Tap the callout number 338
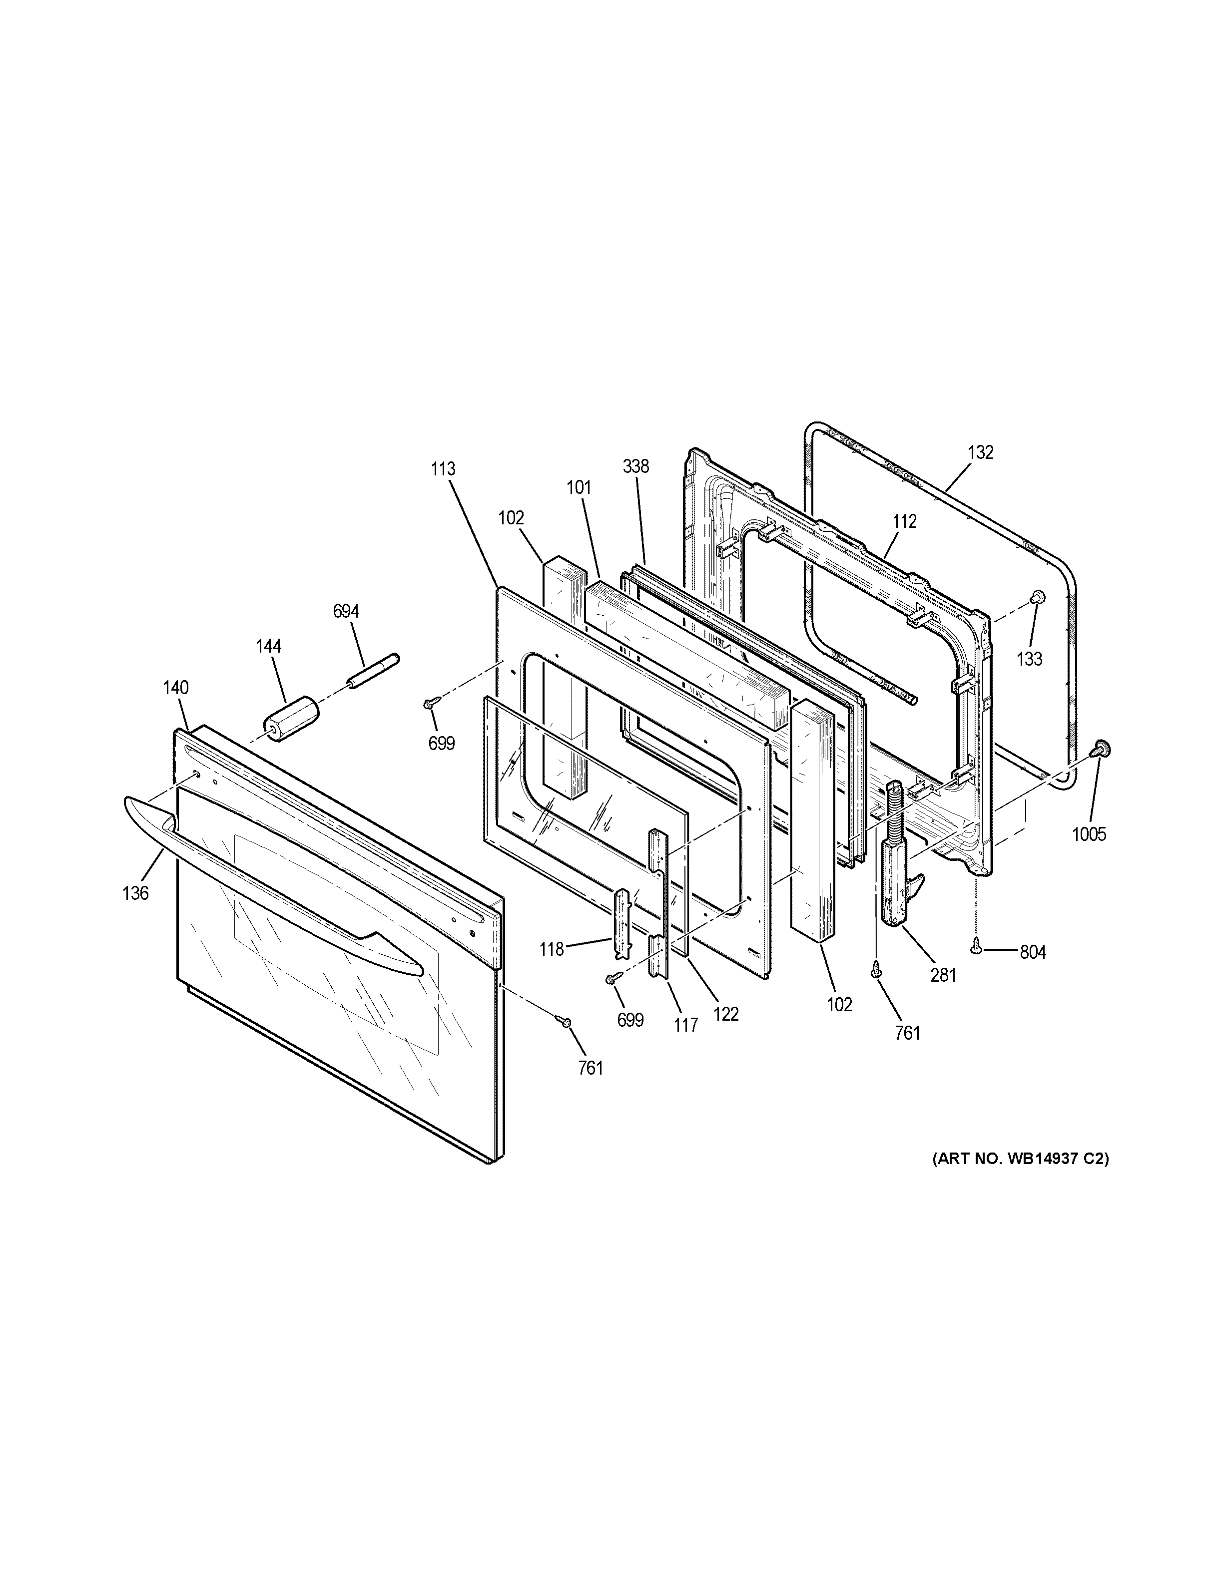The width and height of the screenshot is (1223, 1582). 635,466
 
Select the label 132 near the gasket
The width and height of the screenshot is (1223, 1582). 980,452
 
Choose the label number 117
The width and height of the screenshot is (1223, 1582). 685,1025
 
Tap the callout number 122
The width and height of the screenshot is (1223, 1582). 725,1014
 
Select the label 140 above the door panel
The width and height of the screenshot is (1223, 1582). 176,688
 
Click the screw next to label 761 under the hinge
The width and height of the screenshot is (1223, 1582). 877,967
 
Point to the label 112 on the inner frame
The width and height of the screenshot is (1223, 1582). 904,521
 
